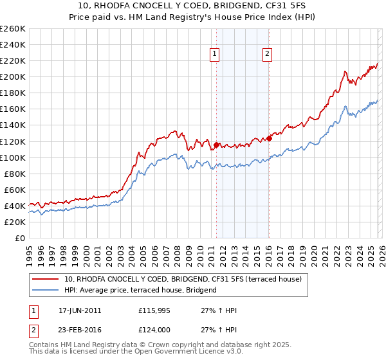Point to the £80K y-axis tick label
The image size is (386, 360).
pyautogui.click(x=14, y=174)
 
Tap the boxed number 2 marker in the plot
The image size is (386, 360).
pyautogui.click(x=266, y=55)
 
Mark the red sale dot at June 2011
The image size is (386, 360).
pyautogui.click(x=216, y=145)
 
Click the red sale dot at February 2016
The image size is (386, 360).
pyautogui.click(x=270, y=138)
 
